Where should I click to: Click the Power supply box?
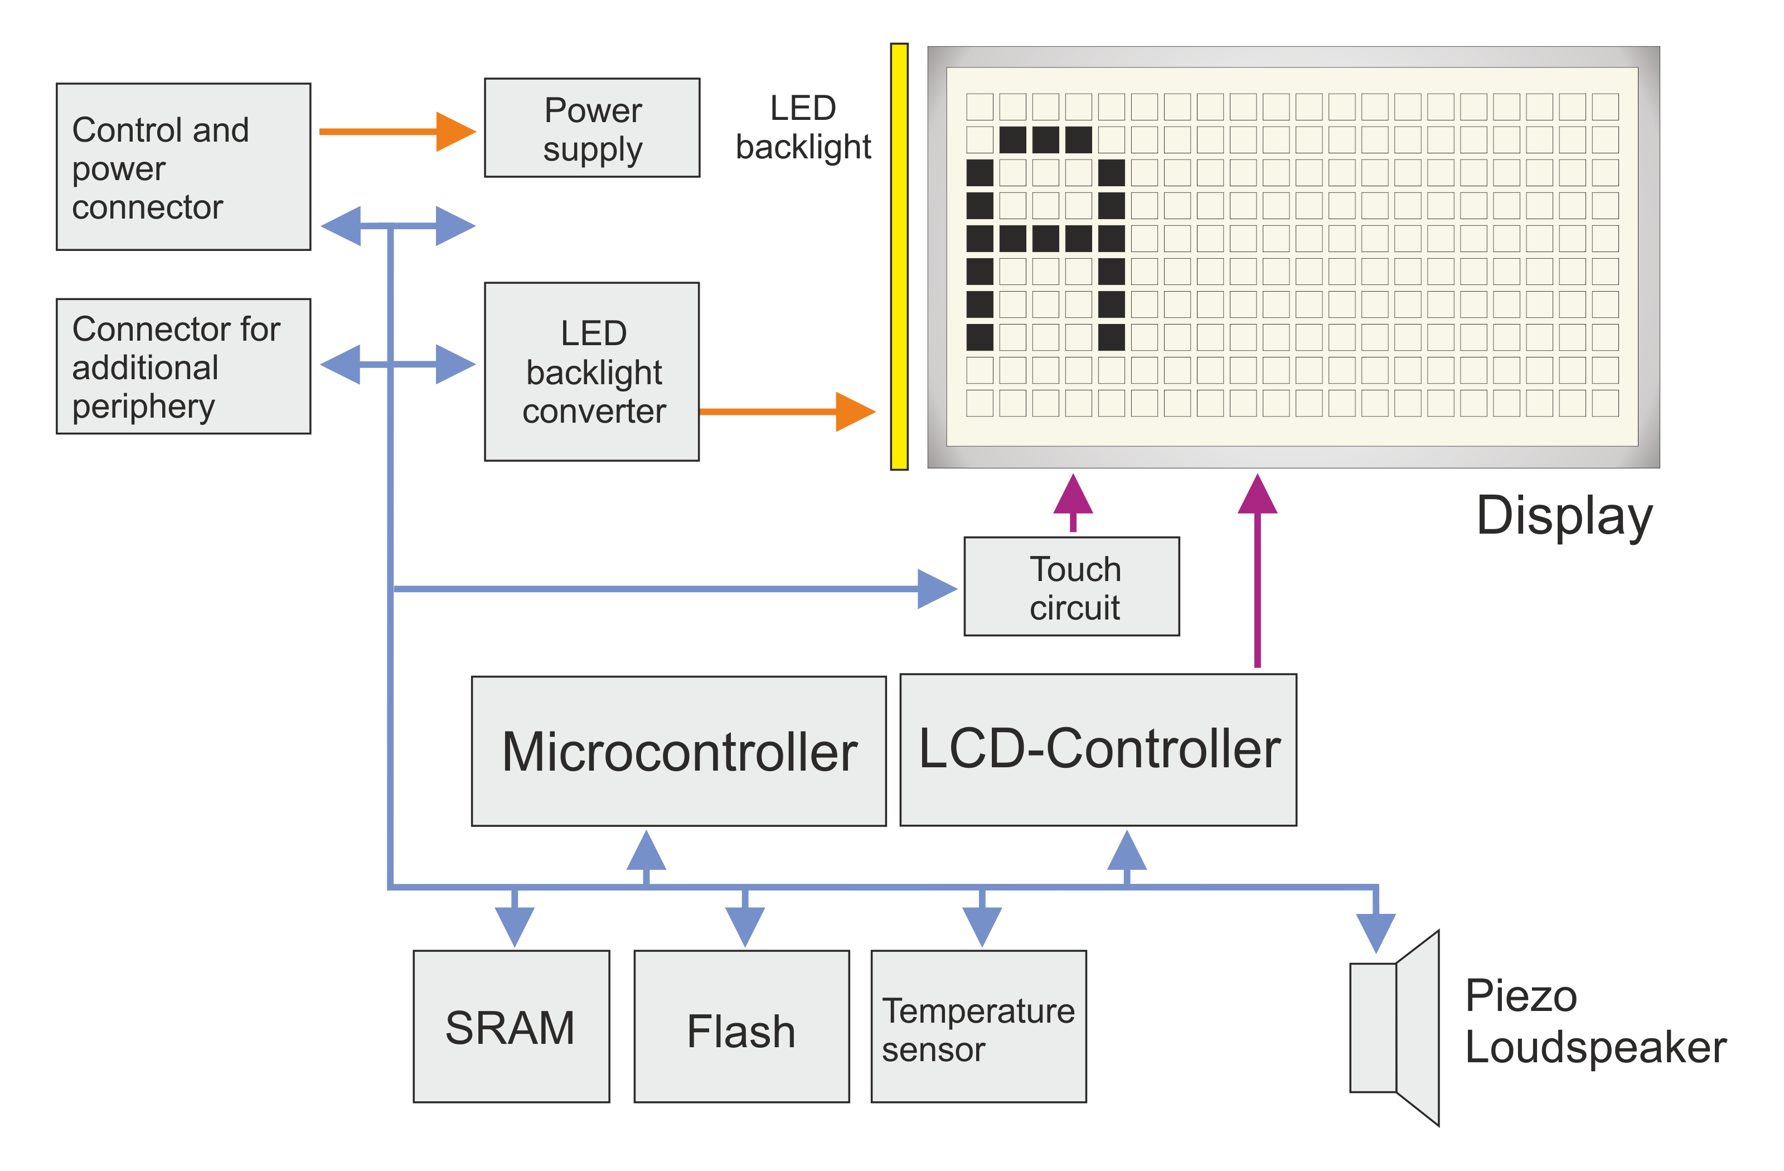pos(592,128)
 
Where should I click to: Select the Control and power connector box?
pos(183,167)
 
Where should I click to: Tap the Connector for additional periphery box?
pos(183,366)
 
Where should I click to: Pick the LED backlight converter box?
pos(592,372)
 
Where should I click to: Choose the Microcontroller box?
pos(679,752)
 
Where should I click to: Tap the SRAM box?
pos(511,1027)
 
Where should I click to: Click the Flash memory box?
pos(742,1027)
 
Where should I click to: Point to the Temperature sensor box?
pos(979,1027)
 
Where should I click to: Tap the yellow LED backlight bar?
pos(899,257)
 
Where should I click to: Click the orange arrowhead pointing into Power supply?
pos(455,132)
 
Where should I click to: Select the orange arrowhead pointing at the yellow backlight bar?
pos(855,412)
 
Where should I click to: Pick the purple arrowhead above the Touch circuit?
pos(1073,495)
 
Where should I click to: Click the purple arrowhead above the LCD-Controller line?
pos(1258,495)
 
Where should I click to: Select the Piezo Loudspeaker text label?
pos(1595,1021)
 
